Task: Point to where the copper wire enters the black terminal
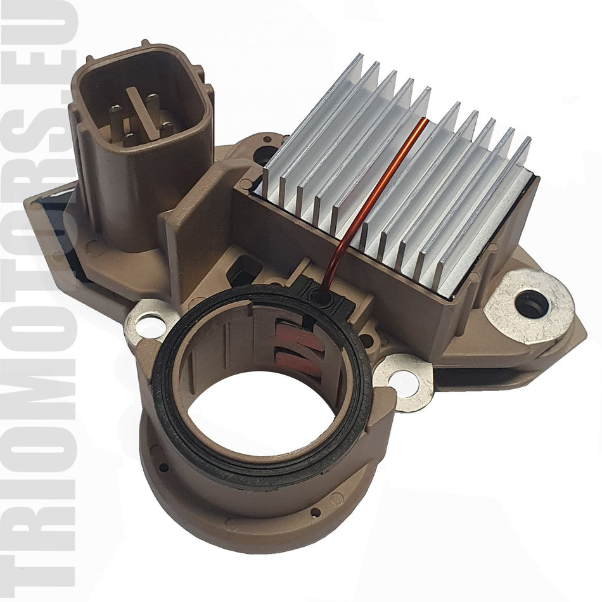(324, 295)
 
